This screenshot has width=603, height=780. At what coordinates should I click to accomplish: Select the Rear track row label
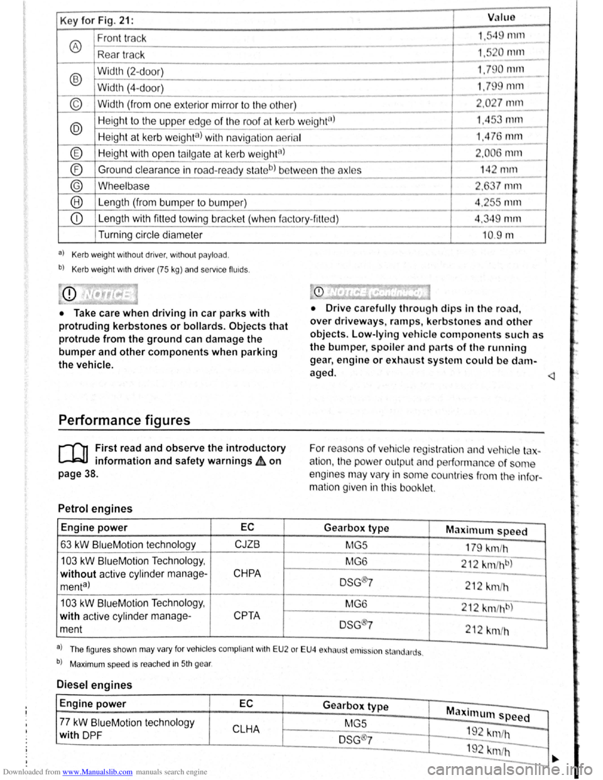(121, 55)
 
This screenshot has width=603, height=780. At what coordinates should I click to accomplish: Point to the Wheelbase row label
(124, 186)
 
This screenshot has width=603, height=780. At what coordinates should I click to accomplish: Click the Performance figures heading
(124, 420)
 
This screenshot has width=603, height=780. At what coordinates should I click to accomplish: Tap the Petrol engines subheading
(95, 509)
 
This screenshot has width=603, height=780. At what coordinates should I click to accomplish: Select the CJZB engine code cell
(247, 544)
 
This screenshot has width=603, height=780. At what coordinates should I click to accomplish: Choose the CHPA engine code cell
(247, 573)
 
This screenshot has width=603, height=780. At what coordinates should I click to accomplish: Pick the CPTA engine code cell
(247, 615)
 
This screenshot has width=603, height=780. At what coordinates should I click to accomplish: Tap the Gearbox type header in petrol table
(356, 528)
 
